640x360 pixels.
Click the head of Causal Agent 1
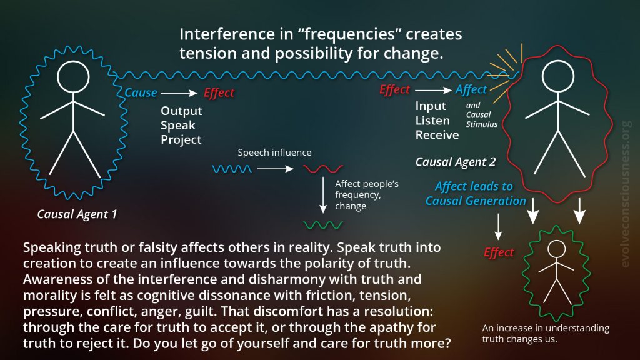click(73, 77)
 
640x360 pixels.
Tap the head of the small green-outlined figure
click(556, 249)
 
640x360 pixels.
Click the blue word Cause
click(141, 92)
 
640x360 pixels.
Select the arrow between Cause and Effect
click(179, 93)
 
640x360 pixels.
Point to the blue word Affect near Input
click(471, 89)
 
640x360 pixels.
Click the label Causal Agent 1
click(77, 214)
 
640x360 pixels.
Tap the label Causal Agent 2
click(456, 162)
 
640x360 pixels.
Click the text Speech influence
click(274, 152)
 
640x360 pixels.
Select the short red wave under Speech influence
click(323, 169)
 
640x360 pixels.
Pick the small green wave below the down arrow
click(323, 225)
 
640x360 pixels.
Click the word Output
click(181, 111)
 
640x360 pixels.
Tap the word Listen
click(432, 121)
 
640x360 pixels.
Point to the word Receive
click(437, 135)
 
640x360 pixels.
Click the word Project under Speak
click(181, 140)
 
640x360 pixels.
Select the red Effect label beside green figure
click(499, 252)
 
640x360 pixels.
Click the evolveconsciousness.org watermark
click(625, 194)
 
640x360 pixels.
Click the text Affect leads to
click(474, 186)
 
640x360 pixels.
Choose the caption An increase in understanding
click(546, 328)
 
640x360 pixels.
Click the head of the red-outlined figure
click(557, 76)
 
